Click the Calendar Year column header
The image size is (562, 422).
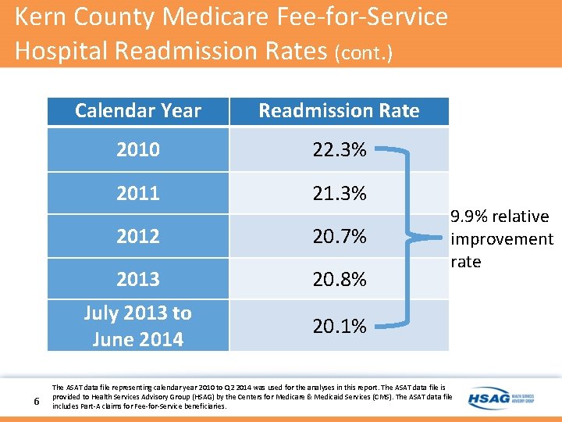(x=138, y=111)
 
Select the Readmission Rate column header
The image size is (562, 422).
(x=339, y=111)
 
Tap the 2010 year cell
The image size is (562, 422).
(x=138, y=149)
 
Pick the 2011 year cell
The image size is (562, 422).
(x=138, y=193)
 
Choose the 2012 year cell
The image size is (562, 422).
(x=138, y=236)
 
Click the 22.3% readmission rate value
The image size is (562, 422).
(x=340, y=149)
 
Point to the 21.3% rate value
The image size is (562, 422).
(x=340, y=193)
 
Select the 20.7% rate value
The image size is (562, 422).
(x=340, y=236)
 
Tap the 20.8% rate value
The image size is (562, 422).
(x=340, y=279)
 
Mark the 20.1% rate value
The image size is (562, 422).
(x=340, y=326)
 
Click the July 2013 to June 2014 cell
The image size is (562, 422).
(x=138, y=326)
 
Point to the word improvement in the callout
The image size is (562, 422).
(x=501, y=239)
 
